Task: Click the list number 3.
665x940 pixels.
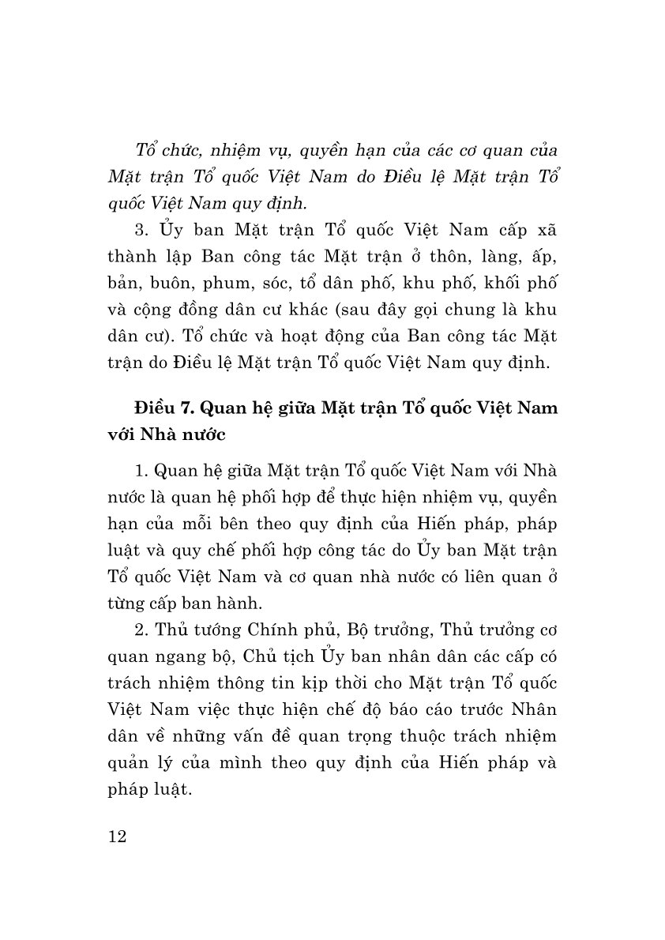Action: pyautogui.click(x=141, y=229)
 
